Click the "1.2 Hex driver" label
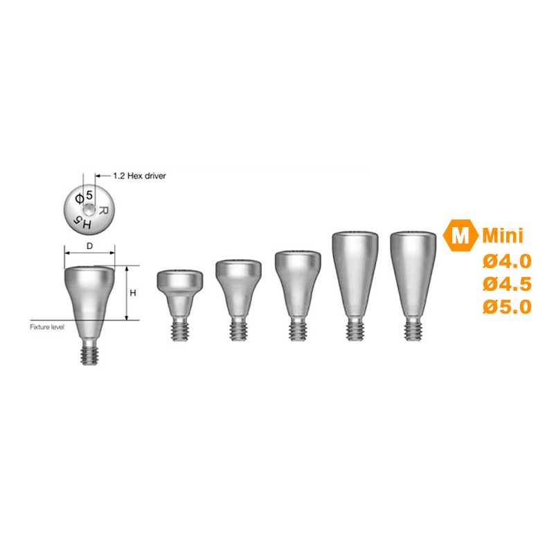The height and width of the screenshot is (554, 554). (x=140, y=176)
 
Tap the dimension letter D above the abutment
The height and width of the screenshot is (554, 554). (x=90, y=246)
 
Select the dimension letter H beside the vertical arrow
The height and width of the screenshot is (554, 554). (x=133, y=293)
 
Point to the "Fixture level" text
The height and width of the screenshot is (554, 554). (x=47, y=327)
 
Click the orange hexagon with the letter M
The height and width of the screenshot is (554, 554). (x=461, y=235)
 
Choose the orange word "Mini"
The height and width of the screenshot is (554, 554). (x=503, y=235)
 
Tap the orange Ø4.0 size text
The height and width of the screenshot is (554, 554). (x=507, y=262)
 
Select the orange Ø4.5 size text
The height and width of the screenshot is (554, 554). (x=507, y=284)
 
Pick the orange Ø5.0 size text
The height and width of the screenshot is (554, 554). (x=507, y=307)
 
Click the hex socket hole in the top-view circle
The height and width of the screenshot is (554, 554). (x=89, y=211)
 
